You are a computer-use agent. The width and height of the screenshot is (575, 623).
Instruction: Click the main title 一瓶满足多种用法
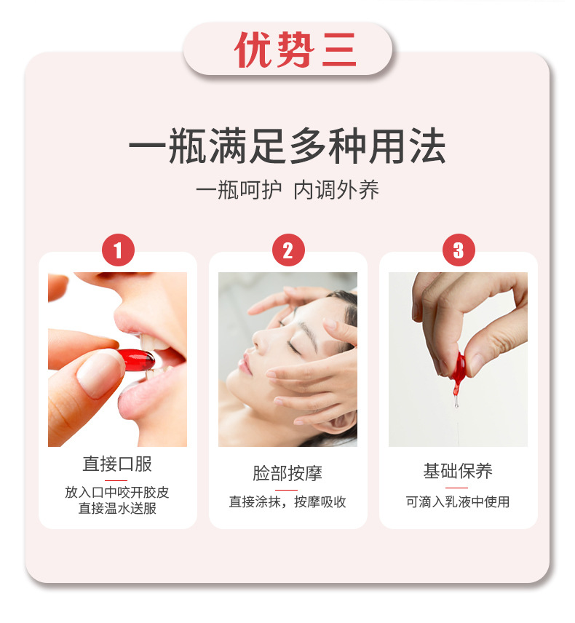pos(287,148)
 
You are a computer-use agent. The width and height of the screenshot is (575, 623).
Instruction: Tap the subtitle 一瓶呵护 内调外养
pos(287,191)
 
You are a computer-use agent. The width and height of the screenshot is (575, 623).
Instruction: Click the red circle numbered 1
pos(118,251)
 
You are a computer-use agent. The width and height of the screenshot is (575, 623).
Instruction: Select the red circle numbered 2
pos(287,251)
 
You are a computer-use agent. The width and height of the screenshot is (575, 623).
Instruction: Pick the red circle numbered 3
pos(458,251)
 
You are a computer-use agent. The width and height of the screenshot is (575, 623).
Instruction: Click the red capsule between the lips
pos(138,360)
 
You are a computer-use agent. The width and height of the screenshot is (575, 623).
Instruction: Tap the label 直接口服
pos(117,464)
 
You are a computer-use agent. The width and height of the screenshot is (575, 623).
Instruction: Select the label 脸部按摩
pos(287,473)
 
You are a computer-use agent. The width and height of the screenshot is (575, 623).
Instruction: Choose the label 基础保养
pos(458,471)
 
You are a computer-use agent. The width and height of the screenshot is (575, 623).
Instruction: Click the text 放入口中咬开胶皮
pos(117,492)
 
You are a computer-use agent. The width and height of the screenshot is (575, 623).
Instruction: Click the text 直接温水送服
pos(117,508)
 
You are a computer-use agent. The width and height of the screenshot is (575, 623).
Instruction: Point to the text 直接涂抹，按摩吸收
pos(287,502)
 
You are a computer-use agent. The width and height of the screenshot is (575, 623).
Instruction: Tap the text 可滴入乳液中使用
pos(458,501)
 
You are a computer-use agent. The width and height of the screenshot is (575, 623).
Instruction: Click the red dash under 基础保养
pos(457,488)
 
